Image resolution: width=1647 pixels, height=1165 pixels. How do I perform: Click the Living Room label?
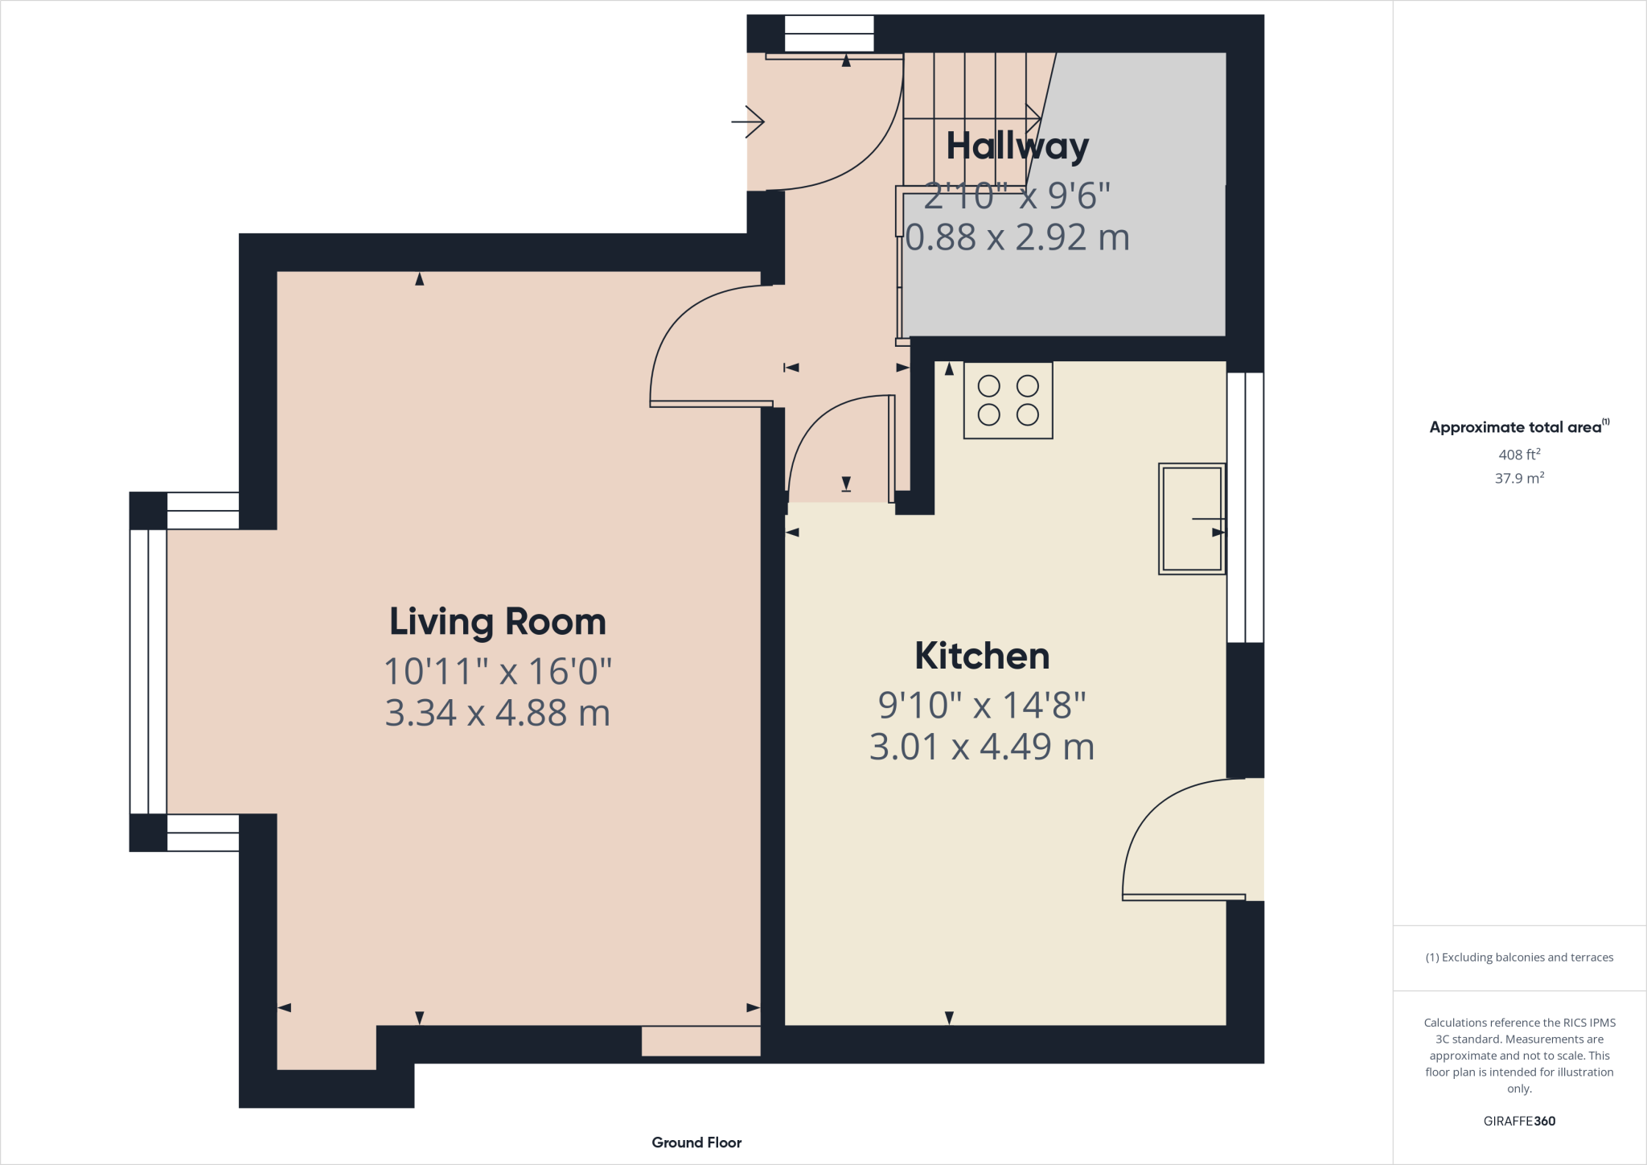497,622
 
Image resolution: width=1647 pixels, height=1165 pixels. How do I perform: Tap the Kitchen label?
982,656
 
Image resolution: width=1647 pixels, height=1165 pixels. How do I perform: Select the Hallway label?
1017,146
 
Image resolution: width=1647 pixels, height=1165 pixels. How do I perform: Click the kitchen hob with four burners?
1008,400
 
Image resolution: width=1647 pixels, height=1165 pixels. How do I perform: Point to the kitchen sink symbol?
1191,519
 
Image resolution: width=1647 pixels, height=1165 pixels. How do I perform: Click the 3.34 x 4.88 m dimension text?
497,713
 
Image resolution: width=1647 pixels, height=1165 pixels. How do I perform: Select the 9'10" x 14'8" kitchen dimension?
982,706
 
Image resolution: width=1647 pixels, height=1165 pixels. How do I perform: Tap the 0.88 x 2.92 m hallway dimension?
1017,237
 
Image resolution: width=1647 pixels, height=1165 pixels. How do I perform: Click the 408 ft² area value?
1518,455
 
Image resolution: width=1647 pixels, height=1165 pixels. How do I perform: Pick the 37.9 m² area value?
1518,478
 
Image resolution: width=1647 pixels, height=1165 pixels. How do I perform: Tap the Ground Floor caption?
696,1142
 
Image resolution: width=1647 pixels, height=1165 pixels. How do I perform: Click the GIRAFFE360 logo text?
1518,1121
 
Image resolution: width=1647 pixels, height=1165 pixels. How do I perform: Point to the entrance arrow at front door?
749,121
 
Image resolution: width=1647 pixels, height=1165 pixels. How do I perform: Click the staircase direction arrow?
1033,119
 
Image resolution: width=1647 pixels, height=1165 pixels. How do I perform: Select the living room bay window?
148,671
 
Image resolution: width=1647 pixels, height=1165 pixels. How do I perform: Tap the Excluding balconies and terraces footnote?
1518,957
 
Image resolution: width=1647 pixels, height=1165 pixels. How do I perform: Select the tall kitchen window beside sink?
1245,507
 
